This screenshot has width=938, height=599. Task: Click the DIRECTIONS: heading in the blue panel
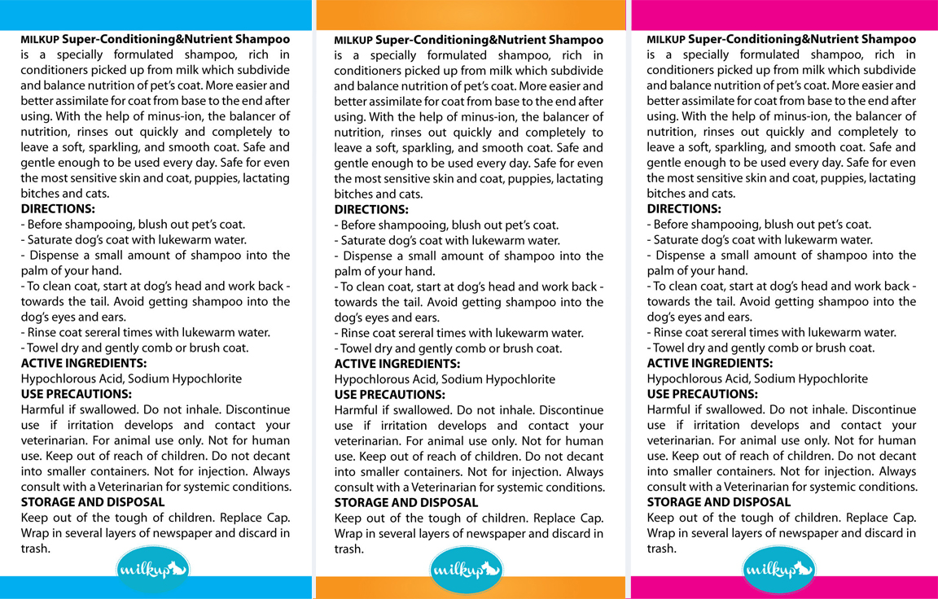tap(58, 209)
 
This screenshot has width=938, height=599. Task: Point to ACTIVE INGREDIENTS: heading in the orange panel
tap(397, 364)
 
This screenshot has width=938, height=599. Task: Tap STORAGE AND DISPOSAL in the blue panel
tap(93, 502)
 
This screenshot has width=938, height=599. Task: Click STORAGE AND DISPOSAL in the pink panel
tap(719, 502)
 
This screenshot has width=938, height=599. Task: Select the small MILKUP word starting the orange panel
tap(353, 40)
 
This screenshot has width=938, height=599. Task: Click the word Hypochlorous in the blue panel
tap(55, 378)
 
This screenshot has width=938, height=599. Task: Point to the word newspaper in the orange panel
tap(521, 534)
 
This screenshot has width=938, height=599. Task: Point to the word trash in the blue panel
tap(34, 549)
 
